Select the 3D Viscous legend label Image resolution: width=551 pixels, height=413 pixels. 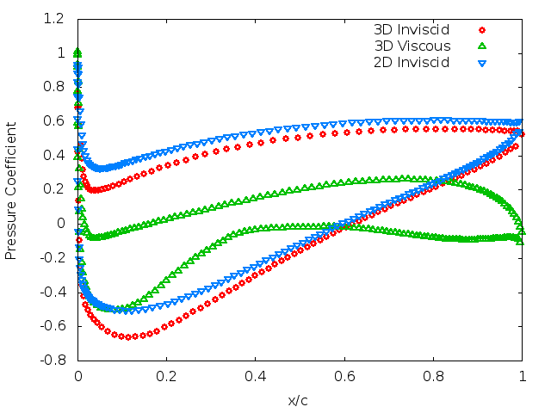coord(412,46)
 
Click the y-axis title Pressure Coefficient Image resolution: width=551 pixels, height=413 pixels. coord(11,189)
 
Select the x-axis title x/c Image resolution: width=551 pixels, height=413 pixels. coord(300,400)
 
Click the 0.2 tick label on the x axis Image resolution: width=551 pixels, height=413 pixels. coord(167,376)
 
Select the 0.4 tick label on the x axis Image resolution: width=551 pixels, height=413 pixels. coord(256,376)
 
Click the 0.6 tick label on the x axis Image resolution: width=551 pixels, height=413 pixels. coord(344,376)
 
